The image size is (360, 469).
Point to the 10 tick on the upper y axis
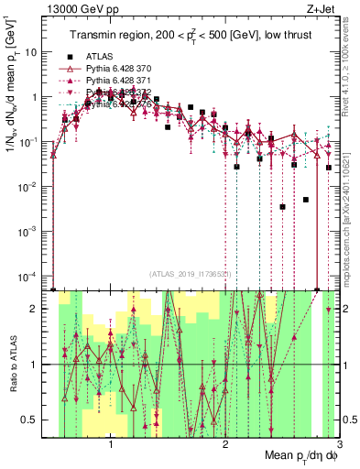click(35, 52)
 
